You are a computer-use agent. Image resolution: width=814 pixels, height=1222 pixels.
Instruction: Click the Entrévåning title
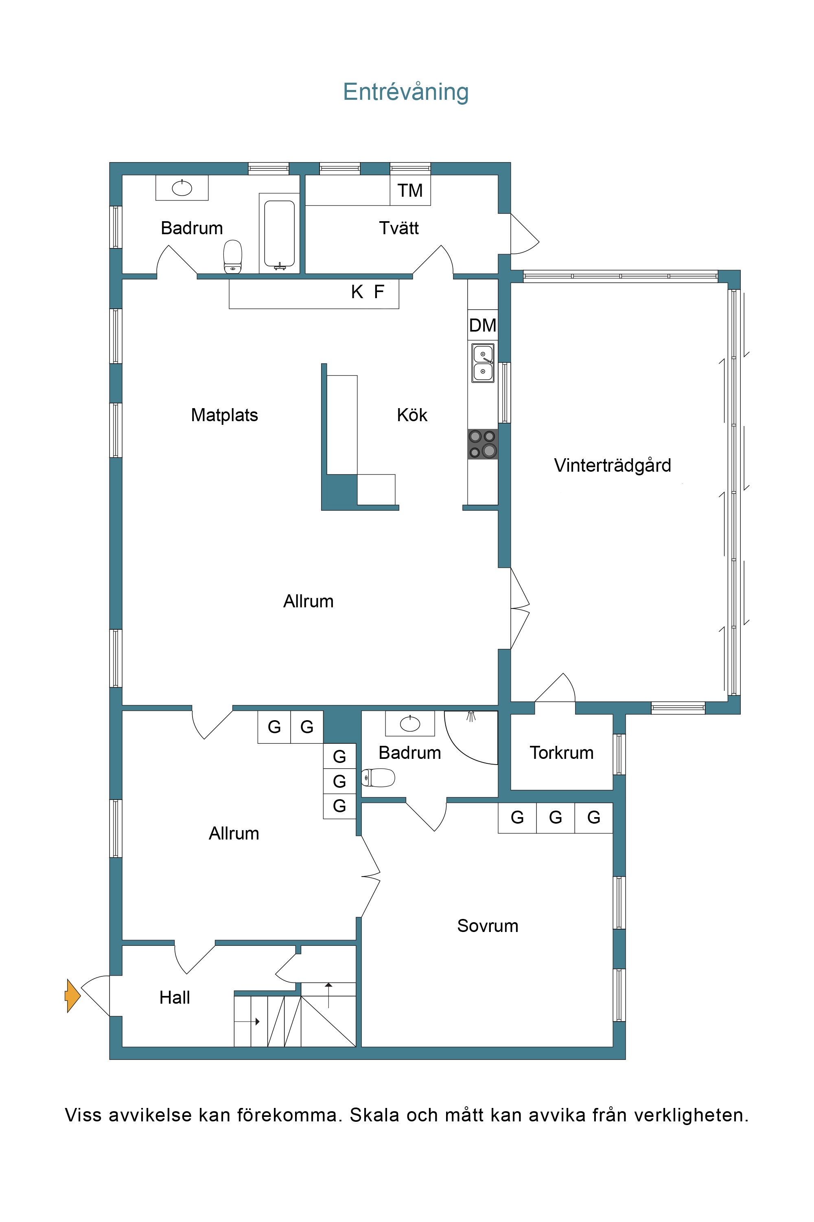pos(405,92)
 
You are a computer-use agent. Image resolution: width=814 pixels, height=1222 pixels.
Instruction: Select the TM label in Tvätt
pos(410,191)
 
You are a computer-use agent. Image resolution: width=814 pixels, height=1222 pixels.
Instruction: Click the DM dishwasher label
pos(483,325)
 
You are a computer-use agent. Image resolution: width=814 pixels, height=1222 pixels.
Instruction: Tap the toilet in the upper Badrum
pos(232,256)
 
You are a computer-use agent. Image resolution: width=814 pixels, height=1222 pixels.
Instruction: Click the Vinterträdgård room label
pos(613,466)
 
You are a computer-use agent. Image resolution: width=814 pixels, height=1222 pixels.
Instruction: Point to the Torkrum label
pos(561,753)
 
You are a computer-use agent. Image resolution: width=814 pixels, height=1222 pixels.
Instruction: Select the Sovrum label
pos(488,926)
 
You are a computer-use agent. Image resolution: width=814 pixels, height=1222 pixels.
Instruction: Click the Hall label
pos(175,998)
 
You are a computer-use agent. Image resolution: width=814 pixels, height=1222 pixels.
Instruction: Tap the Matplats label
pos(224,415)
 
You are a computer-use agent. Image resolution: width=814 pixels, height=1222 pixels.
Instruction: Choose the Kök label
pos(412,415)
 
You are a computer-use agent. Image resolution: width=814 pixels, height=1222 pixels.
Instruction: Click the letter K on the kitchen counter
pos(357,292)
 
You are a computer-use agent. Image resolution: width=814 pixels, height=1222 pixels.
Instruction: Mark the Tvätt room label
pos(399,228)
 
